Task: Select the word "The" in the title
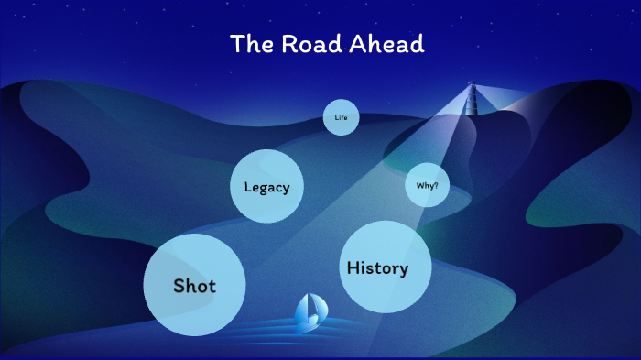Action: click(246, 44)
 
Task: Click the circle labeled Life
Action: click(341, 117)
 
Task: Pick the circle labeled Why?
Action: click(427, 186)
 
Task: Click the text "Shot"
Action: click(194, 286)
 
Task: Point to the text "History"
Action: click(376, 267)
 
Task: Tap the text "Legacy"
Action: click(266, 187)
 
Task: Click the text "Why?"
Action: click(427, 186)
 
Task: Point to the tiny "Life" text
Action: click(341, 117)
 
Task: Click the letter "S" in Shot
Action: click(180, 286)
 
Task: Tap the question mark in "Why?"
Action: click(436, 186)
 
